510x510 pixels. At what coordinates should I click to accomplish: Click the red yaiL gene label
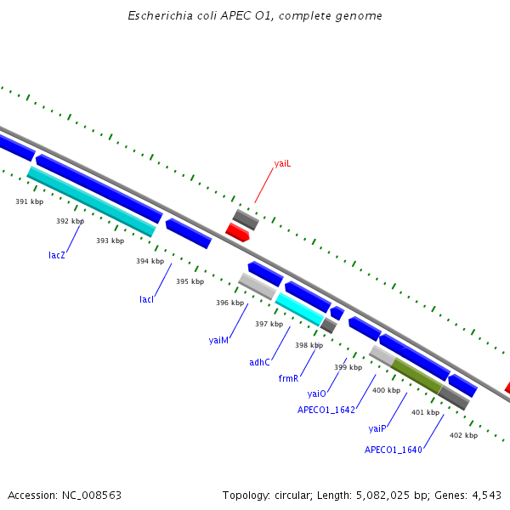tap(282, 163)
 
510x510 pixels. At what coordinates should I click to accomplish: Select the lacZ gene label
tap(57, 254)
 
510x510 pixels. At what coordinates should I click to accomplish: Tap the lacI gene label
tap(147, 299)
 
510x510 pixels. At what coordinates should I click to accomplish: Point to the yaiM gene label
tap(218, 340)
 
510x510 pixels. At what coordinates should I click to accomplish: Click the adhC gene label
tap(259, 362)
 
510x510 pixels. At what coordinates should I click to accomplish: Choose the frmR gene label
tap(288, 378)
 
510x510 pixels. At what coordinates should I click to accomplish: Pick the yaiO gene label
tap(317, 394)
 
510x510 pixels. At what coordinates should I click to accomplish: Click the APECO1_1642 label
tap(326, 409)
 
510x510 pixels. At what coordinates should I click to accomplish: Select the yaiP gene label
tap(377, 428)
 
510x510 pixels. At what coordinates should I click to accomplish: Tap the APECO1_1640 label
tap(394, 449)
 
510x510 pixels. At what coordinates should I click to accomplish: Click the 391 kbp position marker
tap(29, 201)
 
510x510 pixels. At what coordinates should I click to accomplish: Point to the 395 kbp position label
tap(190, 281)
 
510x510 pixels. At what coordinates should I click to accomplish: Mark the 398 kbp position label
tap(309, 345)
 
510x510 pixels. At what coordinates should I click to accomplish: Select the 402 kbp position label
tap(463, 435)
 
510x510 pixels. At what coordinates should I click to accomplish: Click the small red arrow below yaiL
tap(237, 232)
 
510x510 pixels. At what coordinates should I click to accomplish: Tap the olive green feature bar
tap(416, 376)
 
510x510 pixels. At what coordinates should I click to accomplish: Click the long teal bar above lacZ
tap(92, 201)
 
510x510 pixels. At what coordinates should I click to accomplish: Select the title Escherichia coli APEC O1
tap(254, 16)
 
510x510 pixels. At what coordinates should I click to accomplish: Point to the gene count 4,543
tap(484, 495)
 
